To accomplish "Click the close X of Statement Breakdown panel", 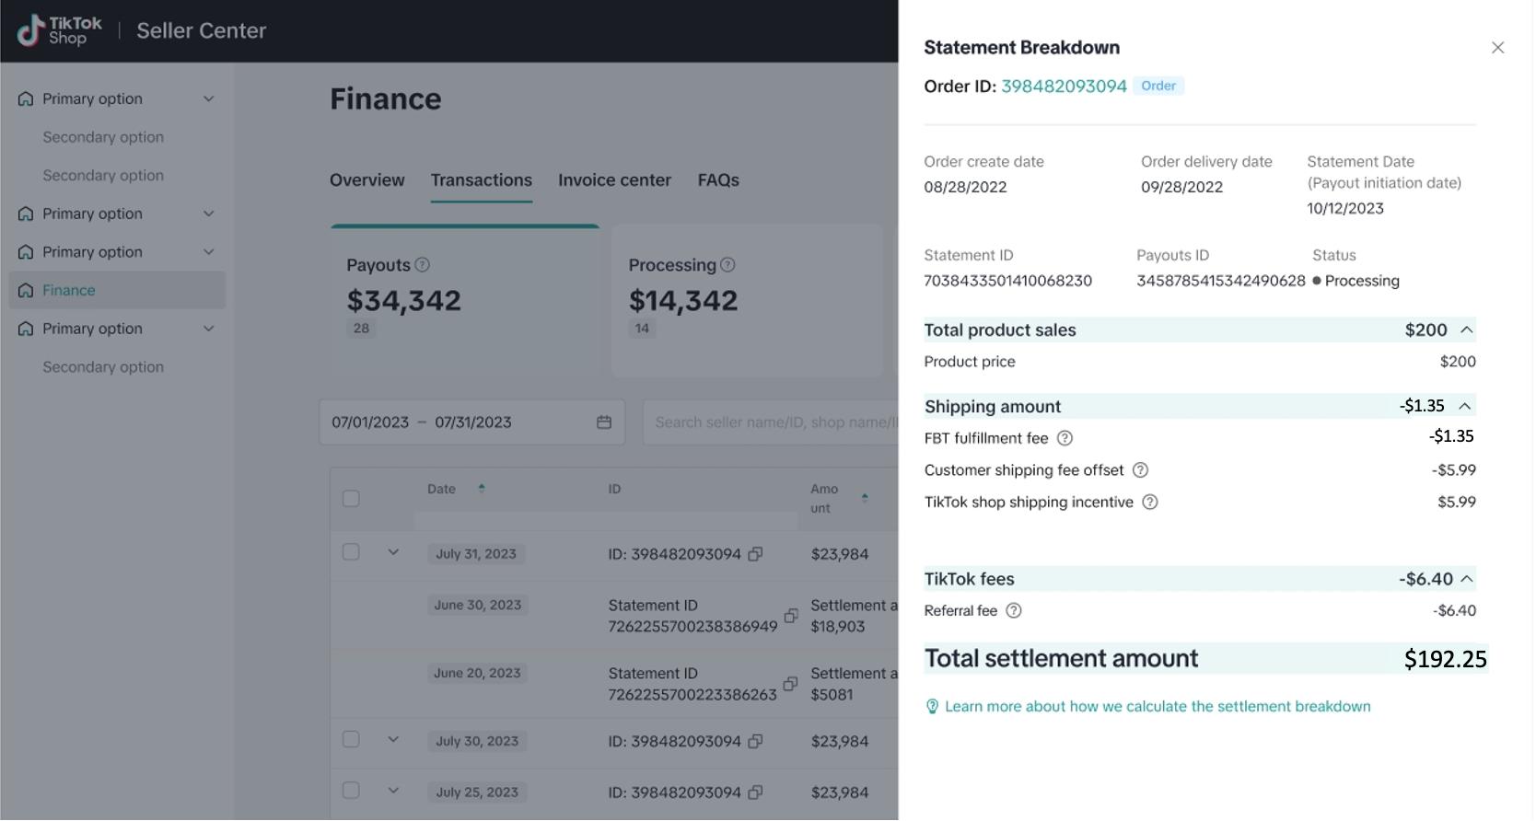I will tap(1497, 48).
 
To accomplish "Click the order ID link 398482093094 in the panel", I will tap(1064, 87).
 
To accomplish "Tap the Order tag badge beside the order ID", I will tap(1158, 86).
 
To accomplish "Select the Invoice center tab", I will tap(614, 180).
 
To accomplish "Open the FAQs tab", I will tap(718, 180).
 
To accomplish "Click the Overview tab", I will tap(367, 180).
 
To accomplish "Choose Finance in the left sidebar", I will tap(69, 291).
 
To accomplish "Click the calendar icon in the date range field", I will tap(604, 422).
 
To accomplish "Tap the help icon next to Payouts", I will tap(422, 265).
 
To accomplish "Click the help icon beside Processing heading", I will tap(727, 265).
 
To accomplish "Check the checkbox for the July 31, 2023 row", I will tap(351, 552).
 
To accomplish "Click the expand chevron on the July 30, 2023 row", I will tap(393, 740).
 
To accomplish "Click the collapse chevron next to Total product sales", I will tap(1467, 330).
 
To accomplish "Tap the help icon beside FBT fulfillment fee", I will tap(1065, 438).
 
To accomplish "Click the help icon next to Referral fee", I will tap(1013, 611).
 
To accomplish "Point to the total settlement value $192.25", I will tap(1445, 659).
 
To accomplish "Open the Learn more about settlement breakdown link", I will tap(1157, 707).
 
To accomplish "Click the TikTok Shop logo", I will tap(60, 30).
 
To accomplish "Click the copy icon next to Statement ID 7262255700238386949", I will tap(790, 616).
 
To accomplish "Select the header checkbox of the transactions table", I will tap(351, 499).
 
